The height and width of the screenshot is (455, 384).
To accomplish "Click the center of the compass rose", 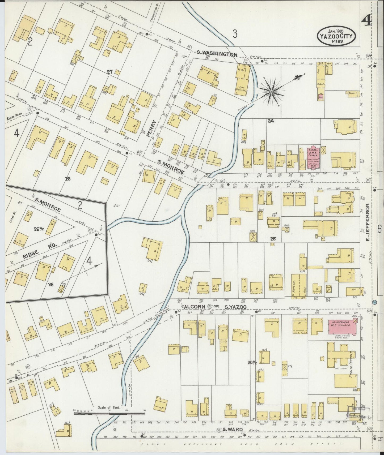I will pos(271,92).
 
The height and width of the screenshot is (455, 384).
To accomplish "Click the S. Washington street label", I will pos(217,54).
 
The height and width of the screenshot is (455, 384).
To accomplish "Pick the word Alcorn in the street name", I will pos(194,307).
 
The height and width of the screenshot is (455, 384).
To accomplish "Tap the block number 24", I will pos(271,121).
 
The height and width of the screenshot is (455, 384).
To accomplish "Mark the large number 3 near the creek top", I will pos(235,34).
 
